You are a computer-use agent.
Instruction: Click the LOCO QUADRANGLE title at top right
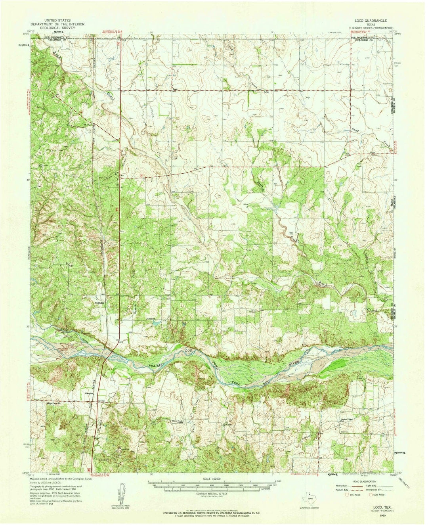pos(366,19)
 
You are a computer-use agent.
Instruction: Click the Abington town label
pos(89,393)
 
